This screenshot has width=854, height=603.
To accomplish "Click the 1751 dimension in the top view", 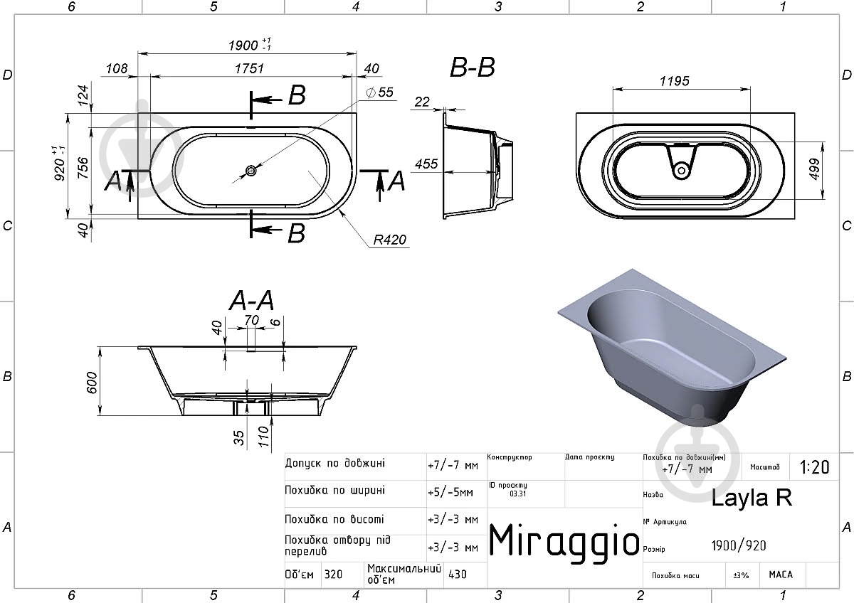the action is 249,68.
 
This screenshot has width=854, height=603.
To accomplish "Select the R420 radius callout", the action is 390,240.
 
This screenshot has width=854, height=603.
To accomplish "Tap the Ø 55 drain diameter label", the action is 379,92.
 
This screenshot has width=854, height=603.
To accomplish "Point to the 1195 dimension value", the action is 675,81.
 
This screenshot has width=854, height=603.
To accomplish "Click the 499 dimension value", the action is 813,169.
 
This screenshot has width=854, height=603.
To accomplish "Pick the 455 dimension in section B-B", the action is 426,164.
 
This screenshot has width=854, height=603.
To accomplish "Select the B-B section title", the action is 473,68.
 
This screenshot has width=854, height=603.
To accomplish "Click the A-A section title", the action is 252,300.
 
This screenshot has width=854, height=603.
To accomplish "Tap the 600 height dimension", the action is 93,383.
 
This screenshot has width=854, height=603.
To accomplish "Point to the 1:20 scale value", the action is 814,467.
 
